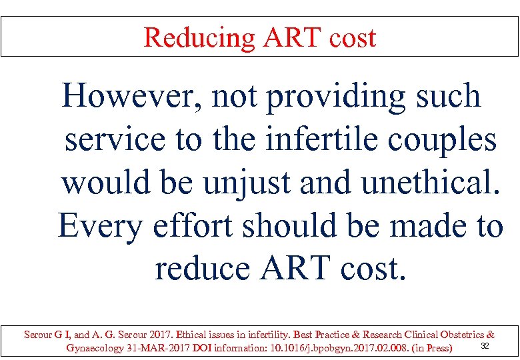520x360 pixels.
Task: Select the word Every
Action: (99, 227)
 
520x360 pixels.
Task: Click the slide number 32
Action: (485, 345)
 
